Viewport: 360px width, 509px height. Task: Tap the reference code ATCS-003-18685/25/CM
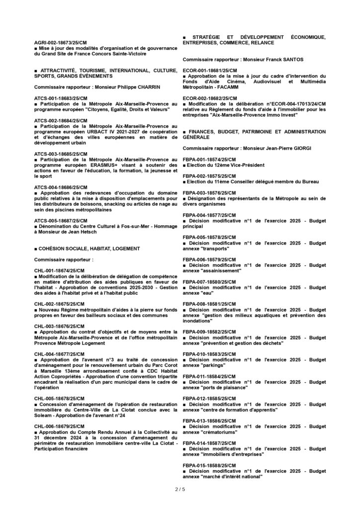point(61,155)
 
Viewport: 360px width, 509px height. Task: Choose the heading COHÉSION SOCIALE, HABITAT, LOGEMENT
point(88,248)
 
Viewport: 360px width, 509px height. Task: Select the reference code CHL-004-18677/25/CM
point(60,354)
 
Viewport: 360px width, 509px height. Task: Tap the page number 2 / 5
point(180,490)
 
